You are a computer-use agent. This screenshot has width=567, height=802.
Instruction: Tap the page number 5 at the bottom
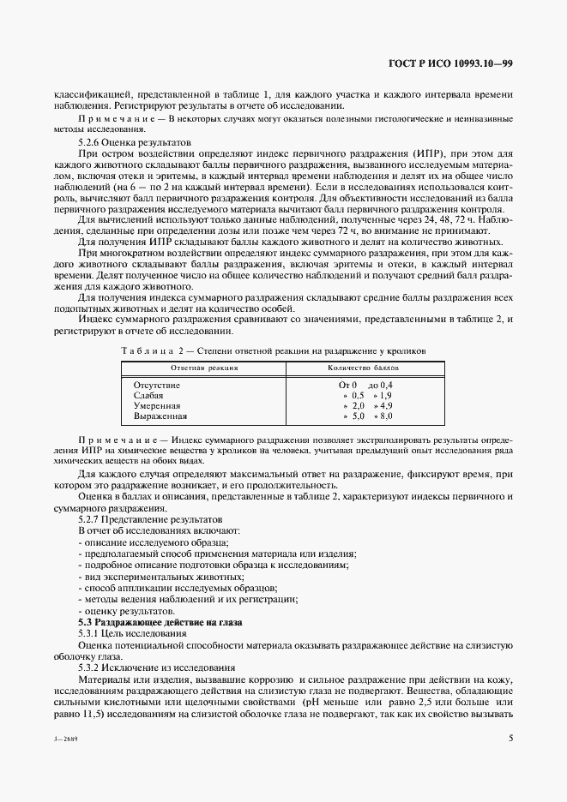(x=510, y=737)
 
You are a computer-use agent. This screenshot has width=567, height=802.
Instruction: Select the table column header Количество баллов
(x=362, y=368)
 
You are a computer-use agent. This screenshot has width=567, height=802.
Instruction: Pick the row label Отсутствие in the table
(x=156, y=386)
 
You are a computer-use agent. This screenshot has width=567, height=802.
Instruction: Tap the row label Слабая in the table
(x=148, y=396)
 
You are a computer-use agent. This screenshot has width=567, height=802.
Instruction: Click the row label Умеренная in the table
(x=157, y=406)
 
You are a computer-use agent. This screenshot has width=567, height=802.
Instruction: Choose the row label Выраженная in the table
(x=160, y=416)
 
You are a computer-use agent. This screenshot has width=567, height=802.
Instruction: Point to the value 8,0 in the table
(x=385, y=416)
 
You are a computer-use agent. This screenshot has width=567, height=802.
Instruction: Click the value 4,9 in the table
(x=385, y=406)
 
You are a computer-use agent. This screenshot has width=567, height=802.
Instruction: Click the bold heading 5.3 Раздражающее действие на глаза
(x=160, y=622)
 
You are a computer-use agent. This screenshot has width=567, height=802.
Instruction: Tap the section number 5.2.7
(x=93, y=519)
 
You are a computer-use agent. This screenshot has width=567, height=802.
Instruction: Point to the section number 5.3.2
(x=93, y=667)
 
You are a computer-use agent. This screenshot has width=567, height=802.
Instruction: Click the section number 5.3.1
(x=93, y=633)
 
